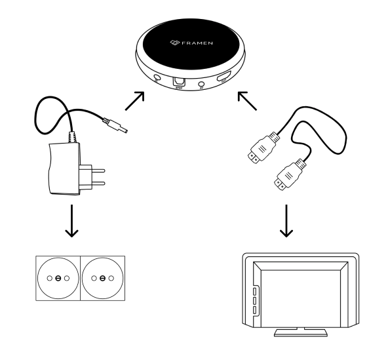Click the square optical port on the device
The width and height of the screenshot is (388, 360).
click(x=178, y=82)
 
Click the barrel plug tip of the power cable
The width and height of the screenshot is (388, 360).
click(x=119, y=125)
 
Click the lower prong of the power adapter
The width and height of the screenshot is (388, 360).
click(x=99, y=185)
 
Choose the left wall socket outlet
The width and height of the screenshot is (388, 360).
click(x=58, y=278)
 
